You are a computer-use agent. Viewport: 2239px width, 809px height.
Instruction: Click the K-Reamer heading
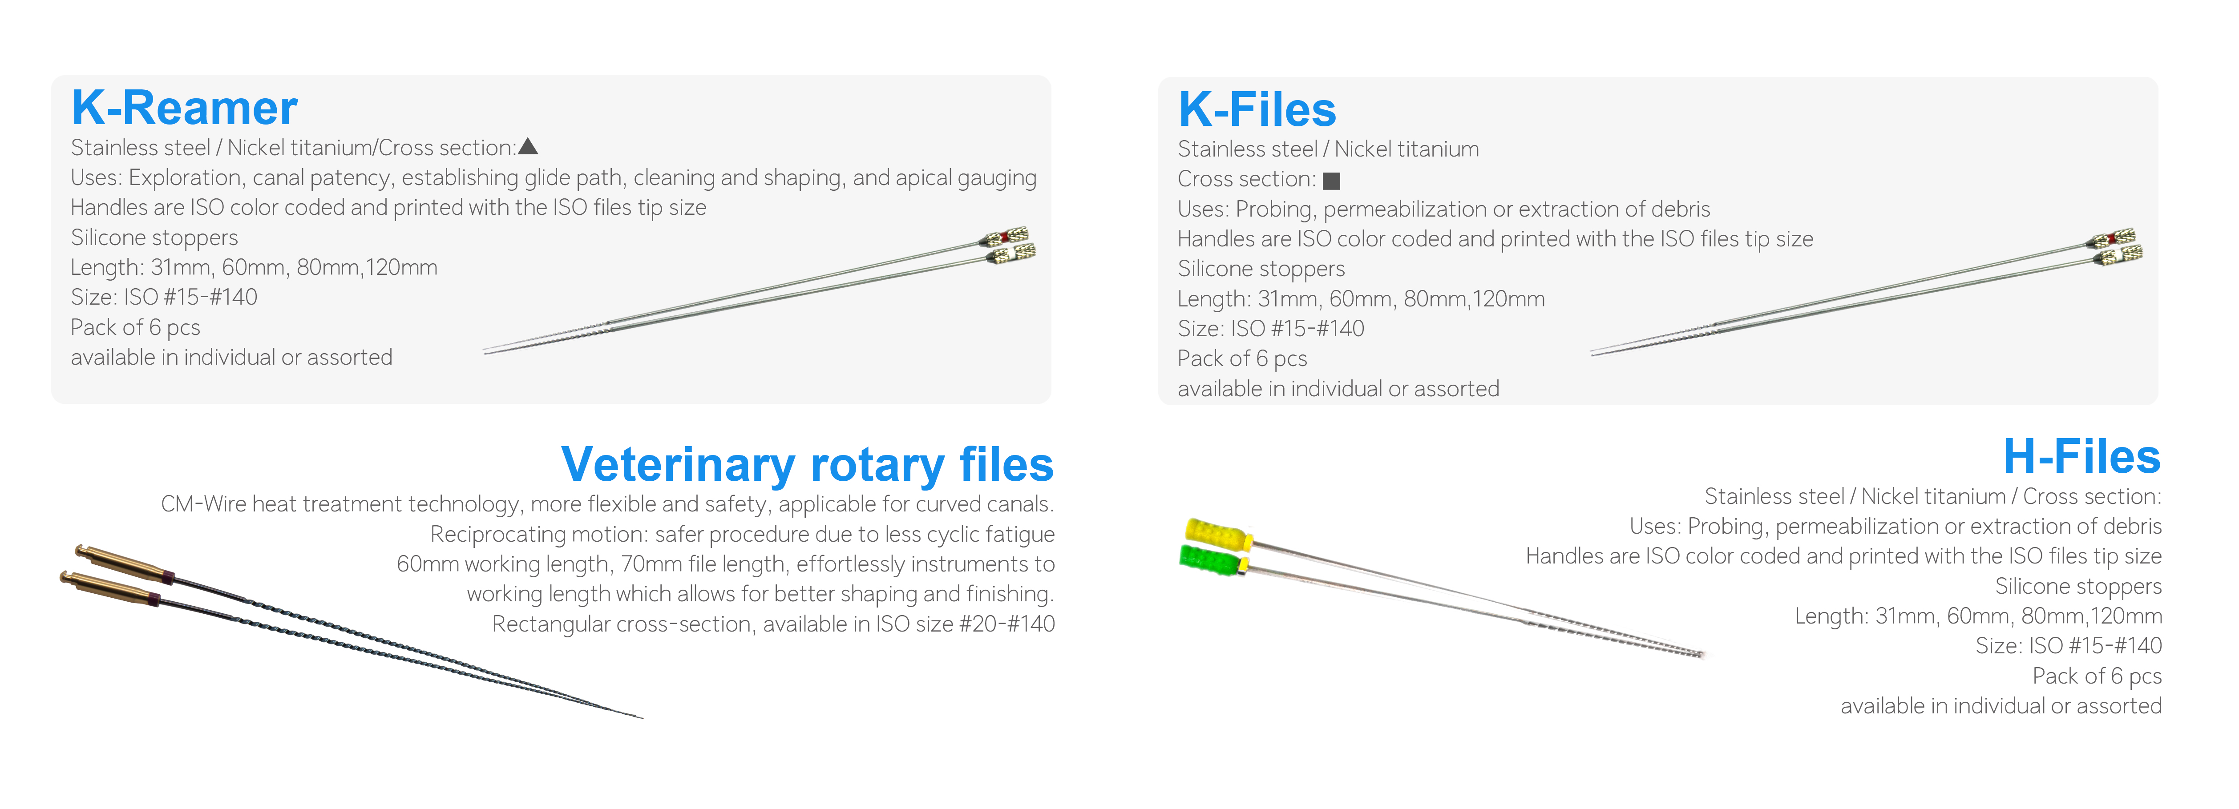pyautogui.click(x=184, y=109)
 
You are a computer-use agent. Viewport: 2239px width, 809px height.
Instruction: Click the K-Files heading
pyautogui.click(x=1257, y=110)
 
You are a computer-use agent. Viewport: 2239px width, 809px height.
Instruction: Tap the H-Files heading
pyautogui.click(x=2081, y=457)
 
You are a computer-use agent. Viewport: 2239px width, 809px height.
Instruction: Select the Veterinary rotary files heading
pyautogui.click(x=808, y=465)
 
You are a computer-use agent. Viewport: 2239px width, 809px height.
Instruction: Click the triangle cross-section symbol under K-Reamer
pyautogui.click(x=528, y=147)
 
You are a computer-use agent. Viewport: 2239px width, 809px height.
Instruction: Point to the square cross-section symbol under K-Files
pyautogui.click(x=1331, y=181)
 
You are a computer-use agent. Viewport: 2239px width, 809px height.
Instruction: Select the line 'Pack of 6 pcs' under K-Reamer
pyautogui.click(x=136, y=328)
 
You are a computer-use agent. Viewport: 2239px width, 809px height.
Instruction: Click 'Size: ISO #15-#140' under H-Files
pyautogui.click(x=2069, y=646)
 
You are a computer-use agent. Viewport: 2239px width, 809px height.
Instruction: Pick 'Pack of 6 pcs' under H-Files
pyautogui.click(x=2098, y=676)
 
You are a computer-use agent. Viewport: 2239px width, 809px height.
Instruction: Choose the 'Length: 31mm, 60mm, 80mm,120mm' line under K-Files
pyautogui.click(x=1361, y=299)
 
